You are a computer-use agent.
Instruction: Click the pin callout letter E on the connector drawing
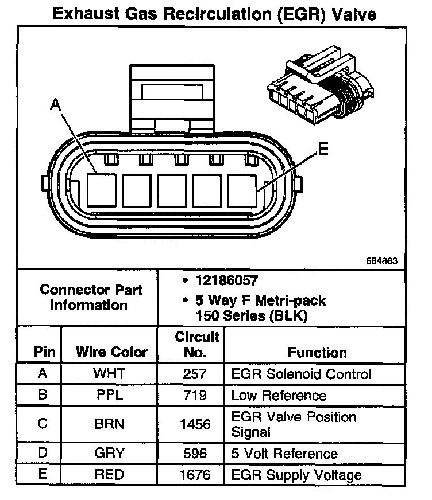click(x=323, y=151)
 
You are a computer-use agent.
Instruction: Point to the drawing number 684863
click(x=381, y=261)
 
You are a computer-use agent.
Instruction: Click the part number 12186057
click(x=226, y=282)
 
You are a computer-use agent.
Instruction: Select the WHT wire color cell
click(x=109, y=374)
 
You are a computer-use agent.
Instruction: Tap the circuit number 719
click(x=195, y=396)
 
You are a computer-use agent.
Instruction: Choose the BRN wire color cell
click(x=109, y=425)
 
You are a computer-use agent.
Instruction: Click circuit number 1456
click(x=195, y=425)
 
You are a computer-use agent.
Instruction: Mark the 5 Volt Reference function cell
click(x=284, y=454)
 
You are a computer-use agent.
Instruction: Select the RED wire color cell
click(x=109, y=475)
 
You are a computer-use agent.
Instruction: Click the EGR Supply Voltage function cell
click(x=296, y=475)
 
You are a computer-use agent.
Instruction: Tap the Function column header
click(x=317, y=352)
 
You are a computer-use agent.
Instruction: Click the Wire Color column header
click(x=111, y=352)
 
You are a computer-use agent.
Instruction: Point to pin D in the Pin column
click(x=42, y=454)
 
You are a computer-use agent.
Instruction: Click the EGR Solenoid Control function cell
click(x=301, y=374)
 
